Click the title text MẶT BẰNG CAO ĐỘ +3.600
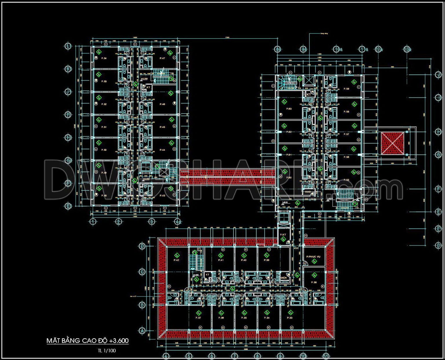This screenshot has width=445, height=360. click(x=87, y=341)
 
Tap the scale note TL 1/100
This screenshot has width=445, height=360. click(x=107, y=350)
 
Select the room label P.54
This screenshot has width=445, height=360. click(x=104, y=59)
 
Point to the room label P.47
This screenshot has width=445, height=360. click(x=162, y=59)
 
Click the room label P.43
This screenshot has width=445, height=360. click(x=162, y=196)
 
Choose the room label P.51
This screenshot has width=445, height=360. click(x=104, y=127)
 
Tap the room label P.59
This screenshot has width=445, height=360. click(x=346, y=89)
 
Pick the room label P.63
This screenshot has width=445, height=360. click(x=289, y=109)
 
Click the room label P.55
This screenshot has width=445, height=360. click(x=346, y=180)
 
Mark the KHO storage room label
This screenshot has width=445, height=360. click(x=308, y=192)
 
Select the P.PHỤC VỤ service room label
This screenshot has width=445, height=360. click(x=313, y=257)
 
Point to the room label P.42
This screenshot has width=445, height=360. click(x=176, y=260)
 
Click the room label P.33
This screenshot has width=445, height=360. click(x=290, y=318)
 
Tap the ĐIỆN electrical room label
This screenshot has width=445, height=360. click(x=284, y=278)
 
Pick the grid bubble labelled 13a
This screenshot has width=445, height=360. click(x=407, y=49)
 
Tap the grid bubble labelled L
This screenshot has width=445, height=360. click(x=68, y=46)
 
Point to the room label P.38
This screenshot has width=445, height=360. click(x=314, y=282)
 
